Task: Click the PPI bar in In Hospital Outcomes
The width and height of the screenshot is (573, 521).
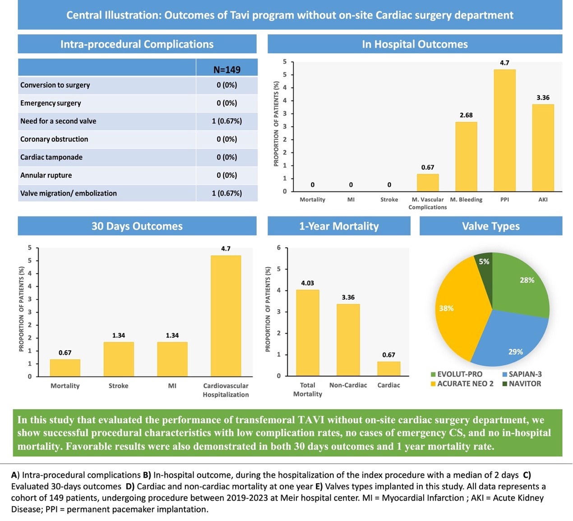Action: (x=504, y=131)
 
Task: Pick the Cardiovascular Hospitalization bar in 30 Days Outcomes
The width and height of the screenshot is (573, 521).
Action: (x=226, y=315)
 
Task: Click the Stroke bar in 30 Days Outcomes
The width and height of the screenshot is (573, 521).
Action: (x=119, y=359)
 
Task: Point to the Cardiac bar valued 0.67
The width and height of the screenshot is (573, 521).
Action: (x=388, y=369)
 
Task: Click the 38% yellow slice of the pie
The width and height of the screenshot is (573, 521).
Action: (x=456, y=311)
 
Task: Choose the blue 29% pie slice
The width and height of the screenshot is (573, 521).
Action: (x=510, y=338)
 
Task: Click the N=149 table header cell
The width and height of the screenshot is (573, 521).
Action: (x=226, y=69)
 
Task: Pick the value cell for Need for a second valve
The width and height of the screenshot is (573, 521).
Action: (x=226, y=121)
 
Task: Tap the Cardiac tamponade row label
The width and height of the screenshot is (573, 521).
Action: (x=51, y=157)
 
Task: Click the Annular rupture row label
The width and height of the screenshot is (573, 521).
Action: (x=46, y=175)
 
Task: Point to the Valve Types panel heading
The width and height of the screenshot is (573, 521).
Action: (x=491, y=226)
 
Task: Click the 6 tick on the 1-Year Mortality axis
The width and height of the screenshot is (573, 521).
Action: (x=279, y=247)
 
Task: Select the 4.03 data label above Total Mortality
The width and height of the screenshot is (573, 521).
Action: (x=307, y=283)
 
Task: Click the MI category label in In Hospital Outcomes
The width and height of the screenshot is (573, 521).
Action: (x=351, y=199)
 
